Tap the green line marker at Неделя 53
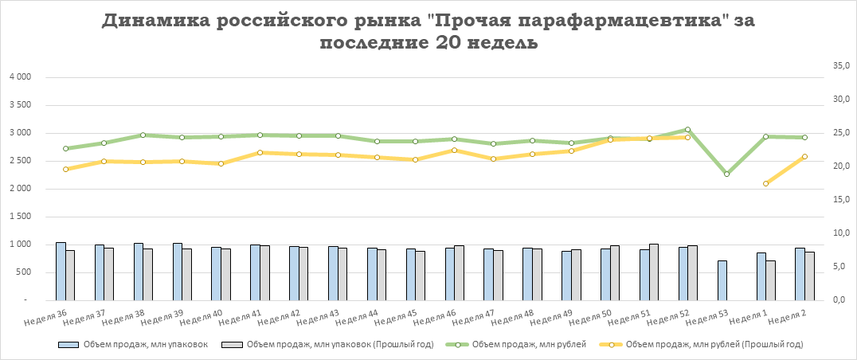click(726, 174)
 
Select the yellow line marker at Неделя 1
click(765, 184)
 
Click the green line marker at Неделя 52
click(687, 130)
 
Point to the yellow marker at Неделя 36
click(65, 169)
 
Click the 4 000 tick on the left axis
click(19, 77)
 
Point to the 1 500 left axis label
click(19, 217)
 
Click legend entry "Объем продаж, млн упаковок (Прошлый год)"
click(338, 345)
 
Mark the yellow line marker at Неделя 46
click(454, 150)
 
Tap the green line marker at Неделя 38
click(143, 135)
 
